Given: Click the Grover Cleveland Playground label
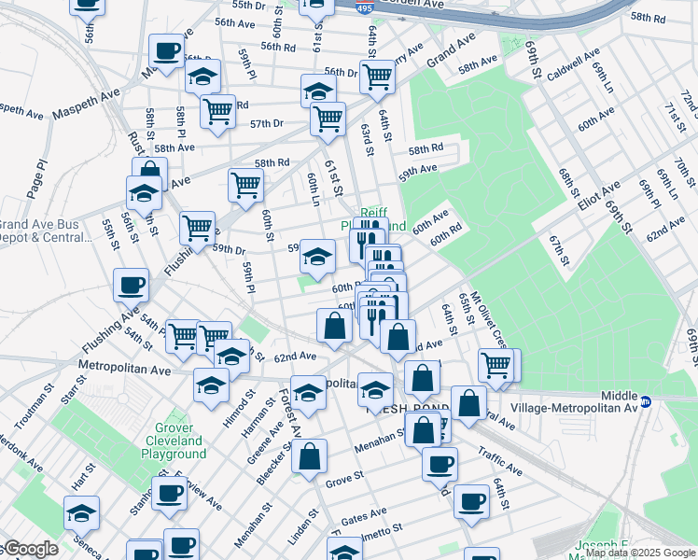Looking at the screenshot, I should [173, 441].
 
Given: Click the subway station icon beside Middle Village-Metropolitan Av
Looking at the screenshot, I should [657, 401].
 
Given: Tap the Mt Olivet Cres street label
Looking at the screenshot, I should [489, 316].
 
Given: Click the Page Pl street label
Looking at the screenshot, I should [36, 177].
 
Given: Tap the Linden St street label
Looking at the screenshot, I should [299, 530].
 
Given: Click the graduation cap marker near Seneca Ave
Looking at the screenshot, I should [82, 513].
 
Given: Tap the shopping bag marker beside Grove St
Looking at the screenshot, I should [310, 457].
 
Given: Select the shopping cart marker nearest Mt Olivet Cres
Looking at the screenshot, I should [496, 364].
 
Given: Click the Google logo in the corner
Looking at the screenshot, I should [30, 549].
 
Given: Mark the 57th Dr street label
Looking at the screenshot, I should [266, 123].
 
